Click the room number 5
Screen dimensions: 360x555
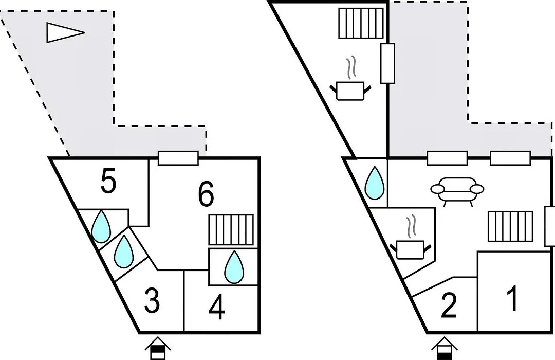pos(108,183)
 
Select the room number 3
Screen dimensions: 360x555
pos(152,302)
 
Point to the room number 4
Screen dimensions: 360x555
pos(217,309)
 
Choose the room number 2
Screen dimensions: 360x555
pos(449,307)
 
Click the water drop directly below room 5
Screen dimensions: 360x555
pos(101,227)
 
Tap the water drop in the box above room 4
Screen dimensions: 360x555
pos(234,267)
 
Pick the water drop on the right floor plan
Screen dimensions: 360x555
pos(375,184)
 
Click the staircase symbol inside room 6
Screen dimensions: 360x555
pos(231,229)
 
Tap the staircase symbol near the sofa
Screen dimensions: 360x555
pos(510,226)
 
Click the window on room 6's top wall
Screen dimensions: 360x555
pos(178,158)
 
